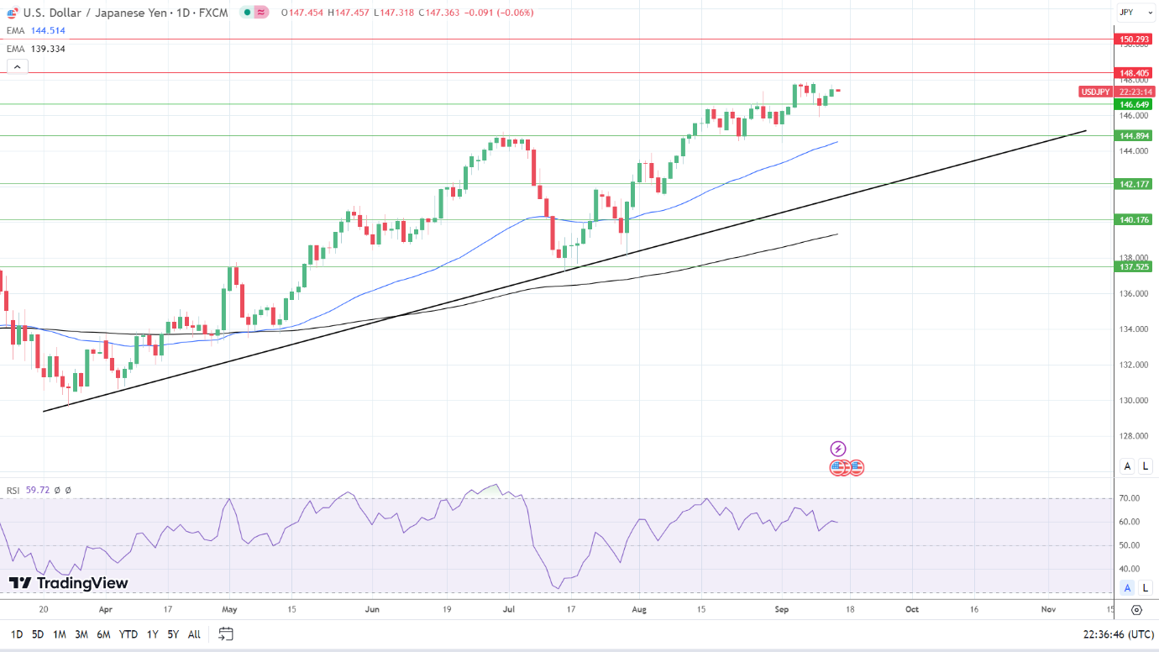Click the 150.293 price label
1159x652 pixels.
(x=1134, y=39)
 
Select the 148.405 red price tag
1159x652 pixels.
(x=1134, y=73)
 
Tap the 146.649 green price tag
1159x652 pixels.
(x=1134, y=104)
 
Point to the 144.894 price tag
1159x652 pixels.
(x=1134, y=135)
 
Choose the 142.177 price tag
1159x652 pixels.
(x=1134, y=183)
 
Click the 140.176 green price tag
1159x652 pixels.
(x=1134, y=219)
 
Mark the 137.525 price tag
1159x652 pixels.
(x=1134, y=266)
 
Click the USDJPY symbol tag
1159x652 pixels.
(x=1095, y=92)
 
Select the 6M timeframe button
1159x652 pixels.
(x=103, y=634)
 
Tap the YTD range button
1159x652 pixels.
(x=128, y=634)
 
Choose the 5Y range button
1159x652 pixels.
(x=172, y=634)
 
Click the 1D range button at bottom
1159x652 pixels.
(x=16, y=634)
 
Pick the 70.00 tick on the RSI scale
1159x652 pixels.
(x=1129, y=498)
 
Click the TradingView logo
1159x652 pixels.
(x=69, y=583)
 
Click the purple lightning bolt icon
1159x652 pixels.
(x=838, y=449)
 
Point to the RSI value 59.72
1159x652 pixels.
(x=38, y=490)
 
